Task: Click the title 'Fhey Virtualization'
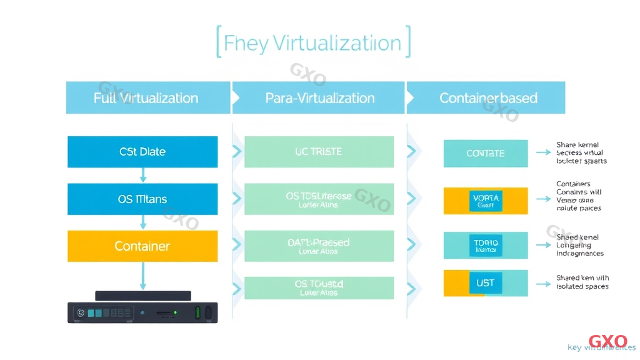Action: [x=312, y=43]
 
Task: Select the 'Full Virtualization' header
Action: [x=146, y=98]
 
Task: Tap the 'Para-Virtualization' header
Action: [x=319, y=98]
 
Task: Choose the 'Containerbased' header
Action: [x=488, y=98]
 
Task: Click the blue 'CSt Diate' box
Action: [x=142, y=152]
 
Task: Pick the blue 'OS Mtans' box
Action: [x=142, y=199]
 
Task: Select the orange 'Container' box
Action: [x=142, y=246]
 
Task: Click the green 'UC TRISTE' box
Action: [x=319, y=152]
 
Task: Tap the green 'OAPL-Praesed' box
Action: [x=319, y=246]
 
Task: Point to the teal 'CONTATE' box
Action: [x=485, y=153]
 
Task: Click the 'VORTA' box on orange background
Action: [x=485, y=200]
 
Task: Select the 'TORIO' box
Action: [x=485, y=245]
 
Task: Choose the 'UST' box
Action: [x=485, y=283]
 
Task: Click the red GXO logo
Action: [x=607, y=341]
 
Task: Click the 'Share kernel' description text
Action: [x=581, y=153]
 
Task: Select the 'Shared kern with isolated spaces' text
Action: [x=582, y=282]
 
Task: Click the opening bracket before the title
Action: [x=219, y=42]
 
